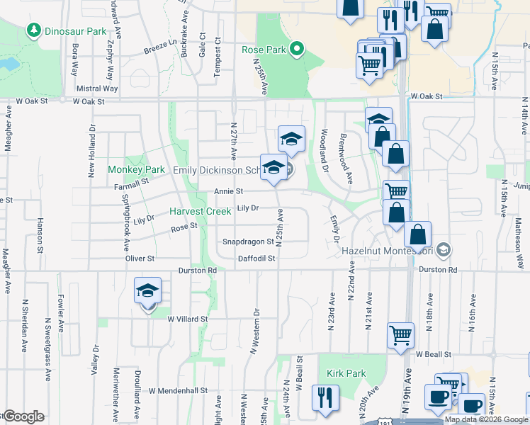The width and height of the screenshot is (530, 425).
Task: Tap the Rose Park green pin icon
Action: [x=298, y=50]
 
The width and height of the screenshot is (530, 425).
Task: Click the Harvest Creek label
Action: [x=200, y=211]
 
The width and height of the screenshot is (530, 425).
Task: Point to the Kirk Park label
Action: [x=346, y=373]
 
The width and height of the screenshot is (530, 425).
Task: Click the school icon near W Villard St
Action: [x=148, y=291]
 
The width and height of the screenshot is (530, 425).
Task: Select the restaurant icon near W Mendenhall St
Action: [x=325, y=397]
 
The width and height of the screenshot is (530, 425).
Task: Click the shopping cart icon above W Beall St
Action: [x=401, y=335]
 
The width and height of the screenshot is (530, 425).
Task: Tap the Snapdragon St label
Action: [x=248, y=242]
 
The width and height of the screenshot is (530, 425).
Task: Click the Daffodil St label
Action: [x=256, y=259]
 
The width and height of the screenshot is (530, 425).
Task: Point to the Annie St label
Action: [x=229, y=191]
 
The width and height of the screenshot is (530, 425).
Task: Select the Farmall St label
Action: [x=129, y=182]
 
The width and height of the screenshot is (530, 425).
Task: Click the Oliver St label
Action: [x=140, y=259]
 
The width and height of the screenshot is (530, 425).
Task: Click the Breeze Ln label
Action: [x=159, y=47]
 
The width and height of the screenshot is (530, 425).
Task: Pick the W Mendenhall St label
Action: [x=177, y=390]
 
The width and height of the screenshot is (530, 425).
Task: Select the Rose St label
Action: [x=184, y=227]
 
